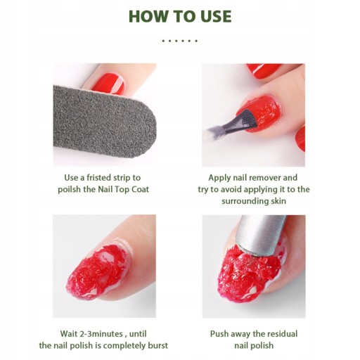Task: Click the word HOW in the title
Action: tap(148, 16)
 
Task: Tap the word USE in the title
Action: tap(212, 16)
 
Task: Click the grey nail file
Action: tap(103, 122)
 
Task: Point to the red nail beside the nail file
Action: tap(108, 84)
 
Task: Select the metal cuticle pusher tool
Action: tap(260, 234)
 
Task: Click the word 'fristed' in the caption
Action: tap(99, 178)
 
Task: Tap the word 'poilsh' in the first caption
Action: tap(69, 189)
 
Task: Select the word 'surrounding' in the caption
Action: tap(244, 201)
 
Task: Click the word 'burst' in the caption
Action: tap(157, 346)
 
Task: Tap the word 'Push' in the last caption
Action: tap(219, 334)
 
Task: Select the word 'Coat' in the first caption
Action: tap(140, 189)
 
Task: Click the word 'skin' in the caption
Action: tap(278, 201)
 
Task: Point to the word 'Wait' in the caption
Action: tap(68, 334)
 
